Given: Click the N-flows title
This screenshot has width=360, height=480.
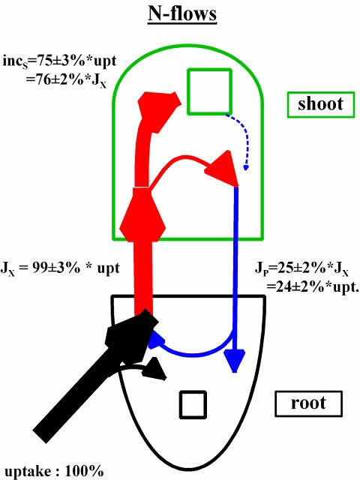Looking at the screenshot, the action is tap(182, 14).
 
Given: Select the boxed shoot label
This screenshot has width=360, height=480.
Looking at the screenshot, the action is tap(321, 105).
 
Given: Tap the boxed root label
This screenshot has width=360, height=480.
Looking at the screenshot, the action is tap(308, 403).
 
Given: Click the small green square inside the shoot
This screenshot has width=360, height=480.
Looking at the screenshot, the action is tap(209, 91).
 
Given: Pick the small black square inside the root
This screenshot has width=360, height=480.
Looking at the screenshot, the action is tap(193, 405).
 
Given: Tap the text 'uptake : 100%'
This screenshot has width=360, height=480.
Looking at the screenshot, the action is tap(54, 470).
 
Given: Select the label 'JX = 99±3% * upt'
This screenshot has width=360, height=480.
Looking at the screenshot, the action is tap(60, 268).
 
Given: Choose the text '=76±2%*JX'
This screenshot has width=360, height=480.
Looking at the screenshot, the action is tap(66, 81).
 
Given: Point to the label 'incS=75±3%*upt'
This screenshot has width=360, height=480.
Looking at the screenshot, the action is tap(60, 61).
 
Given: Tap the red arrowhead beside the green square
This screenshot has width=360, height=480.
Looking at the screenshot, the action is tap(158, 112).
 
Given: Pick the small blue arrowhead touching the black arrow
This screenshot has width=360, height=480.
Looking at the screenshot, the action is tap(156, 339).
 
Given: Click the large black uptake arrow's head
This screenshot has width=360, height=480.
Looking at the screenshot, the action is tap(132, 335).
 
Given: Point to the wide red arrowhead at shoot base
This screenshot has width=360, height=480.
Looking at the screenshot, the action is tap(142, 214).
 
